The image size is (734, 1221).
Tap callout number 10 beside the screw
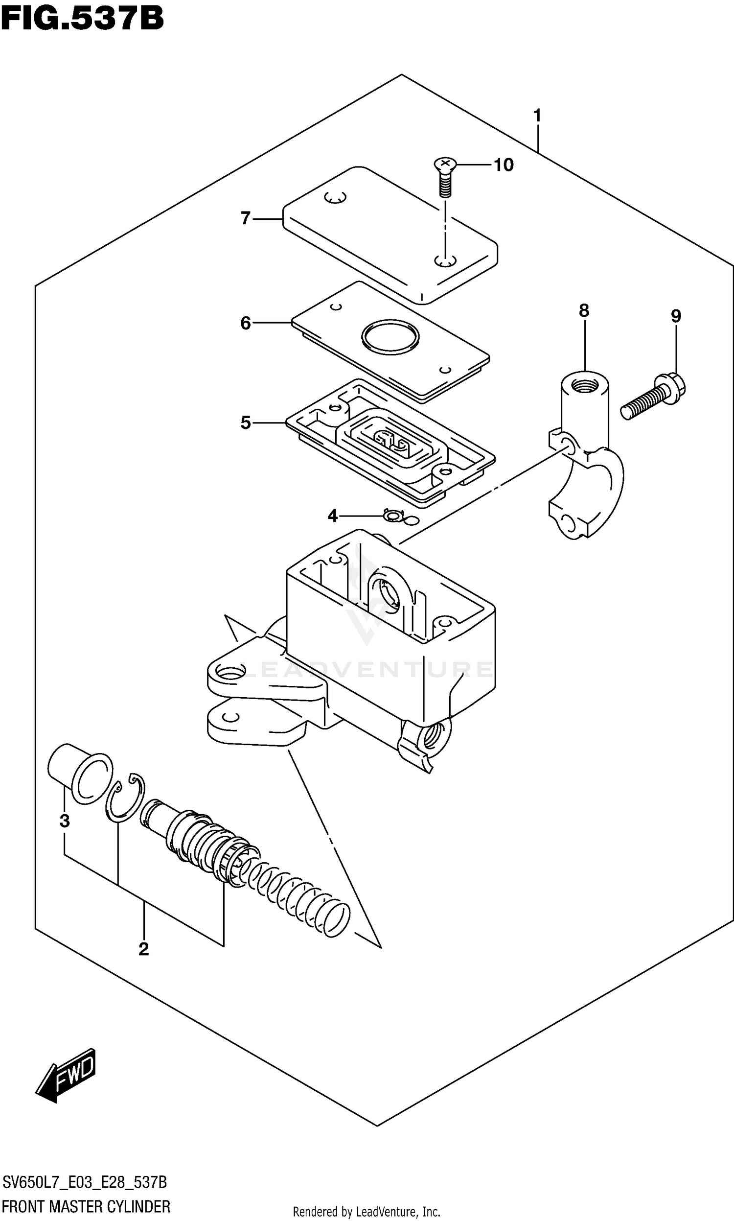(504, 165)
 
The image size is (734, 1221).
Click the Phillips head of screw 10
(445, 163)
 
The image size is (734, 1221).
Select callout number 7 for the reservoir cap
(245, 218)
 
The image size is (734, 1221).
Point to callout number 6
(245, 323)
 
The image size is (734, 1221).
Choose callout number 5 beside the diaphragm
(245, 423)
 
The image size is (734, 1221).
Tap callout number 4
(332, 516)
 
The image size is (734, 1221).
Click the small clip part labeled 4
(394, 516)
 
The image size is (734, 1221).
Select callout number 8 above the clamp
(584, 311)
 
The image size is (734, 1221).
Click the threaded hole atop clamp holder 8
(585, 384)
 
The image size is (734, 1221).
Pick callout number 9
(676, 316)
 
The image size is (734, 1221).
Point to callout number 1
(537, 116)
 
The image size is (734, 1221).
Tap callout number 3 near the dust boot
(64, 821)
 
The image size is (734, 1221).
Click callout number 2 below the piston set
(143, 949)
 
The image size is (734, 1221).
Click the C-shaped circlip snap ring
(125, 797)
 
